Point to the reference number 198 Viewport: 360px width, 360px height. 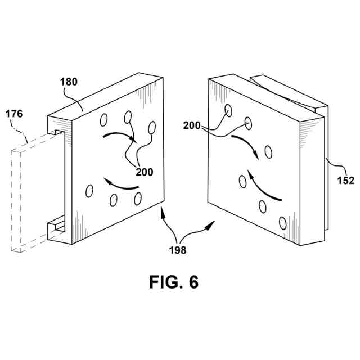coord(180,247)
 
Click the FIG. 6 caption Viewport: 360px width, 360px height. coord(174,282)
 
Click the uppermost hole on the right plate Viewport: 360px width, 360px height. coord(228,109)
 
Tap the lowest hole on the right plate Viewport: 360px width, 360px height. coord(282,224)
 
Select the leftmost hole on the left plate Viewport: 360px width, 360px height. coord(89,191)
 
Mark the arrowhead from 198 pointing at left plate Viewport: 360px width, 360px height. coord(163,210)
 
